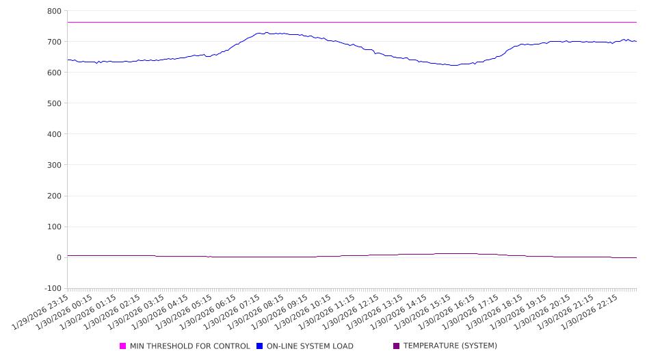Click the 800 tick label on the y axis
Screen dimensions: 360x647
point(53,11)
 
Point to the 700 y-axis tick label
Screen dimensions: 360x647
point(53,42)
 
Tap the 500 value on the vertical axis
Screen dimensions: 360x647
point(53,103)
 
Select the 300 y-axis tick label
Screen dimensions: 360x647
point(53,165)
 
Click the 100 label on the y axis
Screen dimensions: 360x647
point(53,227)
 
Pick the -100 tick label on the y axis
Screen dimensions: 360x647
point(52,288)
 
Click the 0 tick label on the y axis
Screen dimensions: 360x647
point(58,257)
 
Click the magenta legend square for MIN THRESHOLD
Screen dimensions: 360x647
point(123,346)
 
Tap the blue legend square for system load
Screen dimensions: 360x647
point(260,346)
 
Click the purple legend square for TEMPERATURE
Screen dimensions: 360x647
point(397,346)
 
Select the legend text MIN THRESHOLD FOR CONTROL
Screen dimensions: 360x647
point(189,346)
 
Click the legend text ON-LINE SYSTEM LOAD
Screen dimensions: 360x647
point(310,346)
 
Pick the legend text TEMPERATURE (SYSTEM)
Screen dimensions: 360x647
point(450,346)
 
